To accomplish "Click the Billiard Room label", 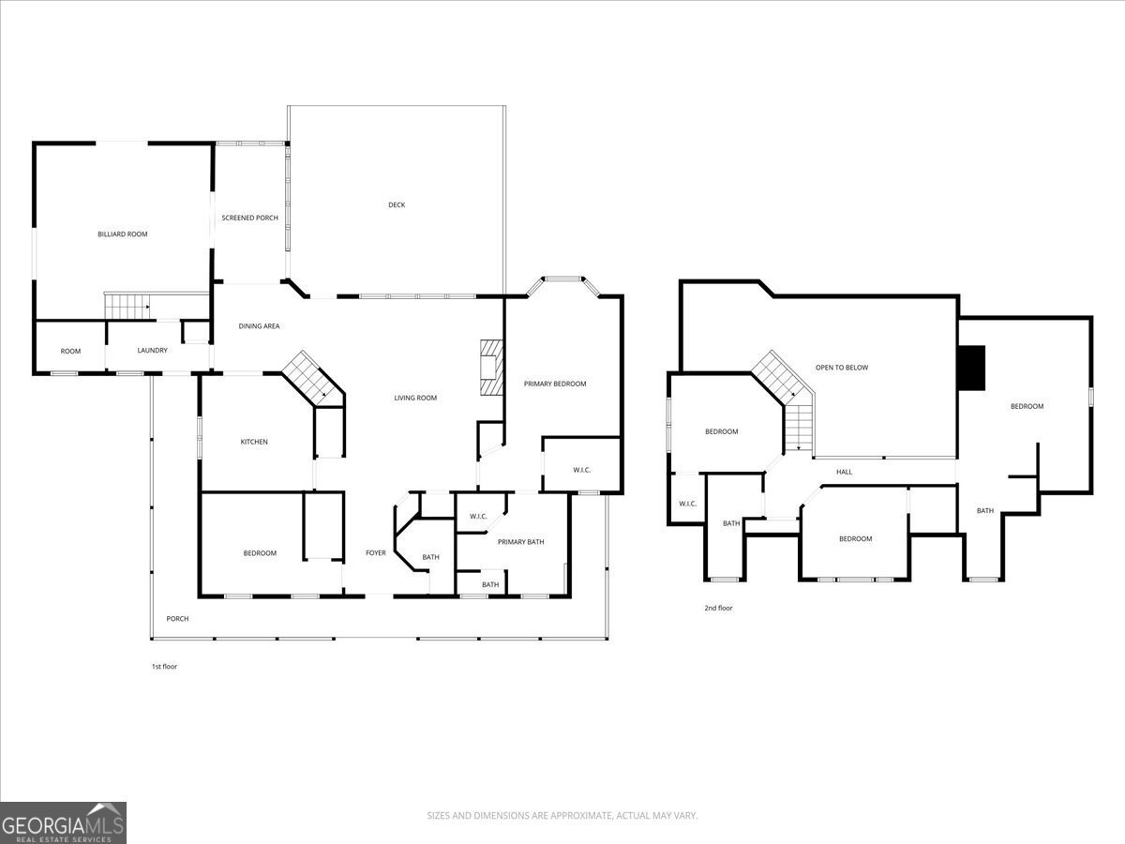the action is pyautogui.click(x=123, y=234).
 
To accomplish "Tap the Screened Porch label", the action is pyautogui.click(x=249, y=218).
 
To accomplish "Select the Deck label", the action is pyautogui.click(x=397, y=205).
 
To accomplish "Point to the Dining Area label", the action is pyautogui.click(x=259, y=326).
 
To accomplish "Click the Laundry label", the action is pyautogui.click(x=152, y=351).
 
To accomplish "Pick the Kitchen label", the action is pyautogui.click(x=254, y=442).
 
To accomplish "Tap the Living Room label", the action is pyautogui.click(x=415, y=398).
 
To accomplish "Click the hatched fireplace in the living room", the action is pyautogui.click(x=491, y=368).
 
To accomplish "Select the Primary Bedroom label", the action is pyautogui.click(x=555, y=384).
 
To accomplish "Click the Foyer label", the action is pyautogui.click(x=376, y=553).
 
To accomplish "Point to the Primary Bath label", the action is pyautogui.click(x=520, y=542).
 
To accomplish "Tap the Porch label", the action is pyautogui.click(x=177, y=619).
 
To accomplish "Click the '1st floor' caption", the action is pyautogui.click(x=164, y=666).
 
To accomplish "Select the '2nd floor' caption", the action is pyautogui.click(x=718, y=608).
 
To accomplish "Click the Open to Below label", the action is pyautogui.click(x=842, y=368).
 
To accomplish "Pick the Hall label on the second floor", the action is pyautogui.click(x=844, y=472).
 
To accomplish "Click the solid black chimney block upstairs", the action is pyautogui.click(x=972, y=368).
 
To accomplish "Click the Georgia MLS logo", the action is pyautogui.click(x=63, y=823).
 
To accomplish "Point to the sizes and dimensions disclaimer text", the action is pyautogui.click(x=562, y=815).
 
